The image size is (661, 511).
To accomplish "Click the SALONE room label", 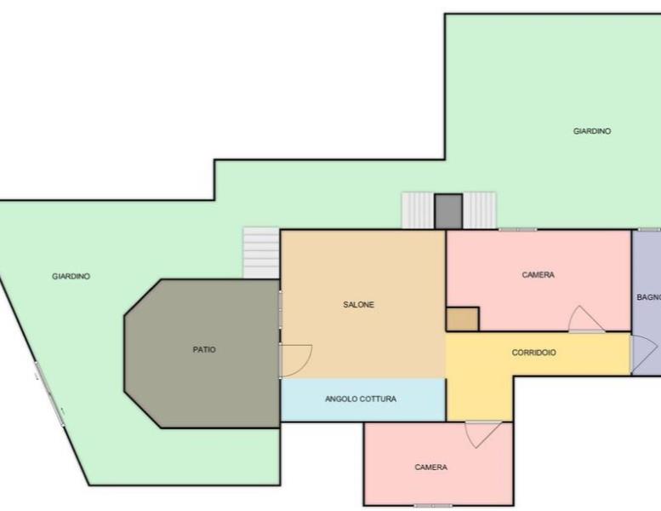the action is pyautogui.click(x=358, y=305).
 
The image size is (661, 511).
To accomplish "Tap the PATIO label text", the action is pyautogui.click(x=204, y=349).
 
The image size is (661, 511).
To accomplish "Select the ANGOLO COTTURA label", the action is pyautogui.click(x=361, y=399).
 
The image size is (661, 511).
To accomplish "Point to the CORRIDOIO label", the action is pyautogui.click(x=533, y=353).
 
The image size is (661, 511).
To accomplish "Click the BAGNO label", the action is pyautogui.click(x=649, y=297).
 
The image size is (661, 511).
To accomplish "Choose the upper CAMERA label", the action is pyautogui.click(x=538, y=275).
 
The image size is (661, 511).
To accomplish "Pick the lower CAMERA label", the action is pyautogui.click(x=430, y=467).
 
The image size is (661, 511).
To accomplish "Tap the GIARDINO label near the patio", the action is pyautogui.click(x=71, y=277).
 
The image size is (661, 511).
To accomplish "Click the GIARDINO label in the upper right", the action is pyautogui.click(x=592, y=131).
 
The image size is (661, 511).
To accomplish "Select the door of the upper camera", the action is pyautogui.click(x=586, y=319).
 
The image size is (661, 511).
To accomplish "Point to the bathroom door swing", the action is pyautogui.click(x=644, y=353).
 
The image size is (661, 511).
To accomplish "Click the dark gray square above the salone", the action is pyautogui.click(x=448, y=212).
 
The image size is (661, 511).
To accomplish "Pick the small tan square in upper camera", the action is pyautogui.click(x=463, y=319).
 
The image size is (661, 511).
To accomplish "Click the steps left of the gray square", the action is pyautogui.click(x=418, y=210).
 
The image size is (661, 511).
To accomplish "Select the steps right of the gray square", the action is pyautogui.click(x=480, y=210).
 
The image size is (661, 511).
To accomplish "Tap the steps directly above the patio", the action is pyautogui.click(x=261, y=253).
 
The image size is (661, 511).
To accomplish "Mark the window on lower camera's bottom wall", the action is pyautogui.click(x=433, y=506).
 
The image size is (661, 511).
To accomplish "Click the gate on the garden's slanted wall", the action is pyautogui.click(x=49, y=393).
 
